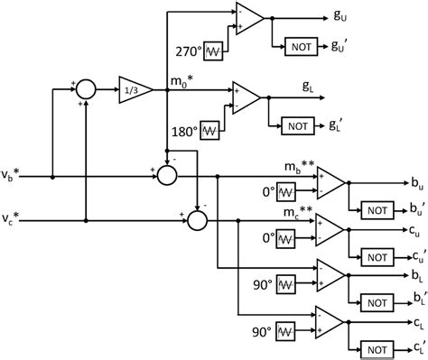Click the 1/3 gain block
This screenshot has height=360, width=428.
coord(133,89)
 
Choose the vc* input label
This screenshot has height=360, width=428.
coord(15,218)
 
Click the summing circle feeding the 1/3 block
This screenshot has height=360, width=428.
coord(85,89)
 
